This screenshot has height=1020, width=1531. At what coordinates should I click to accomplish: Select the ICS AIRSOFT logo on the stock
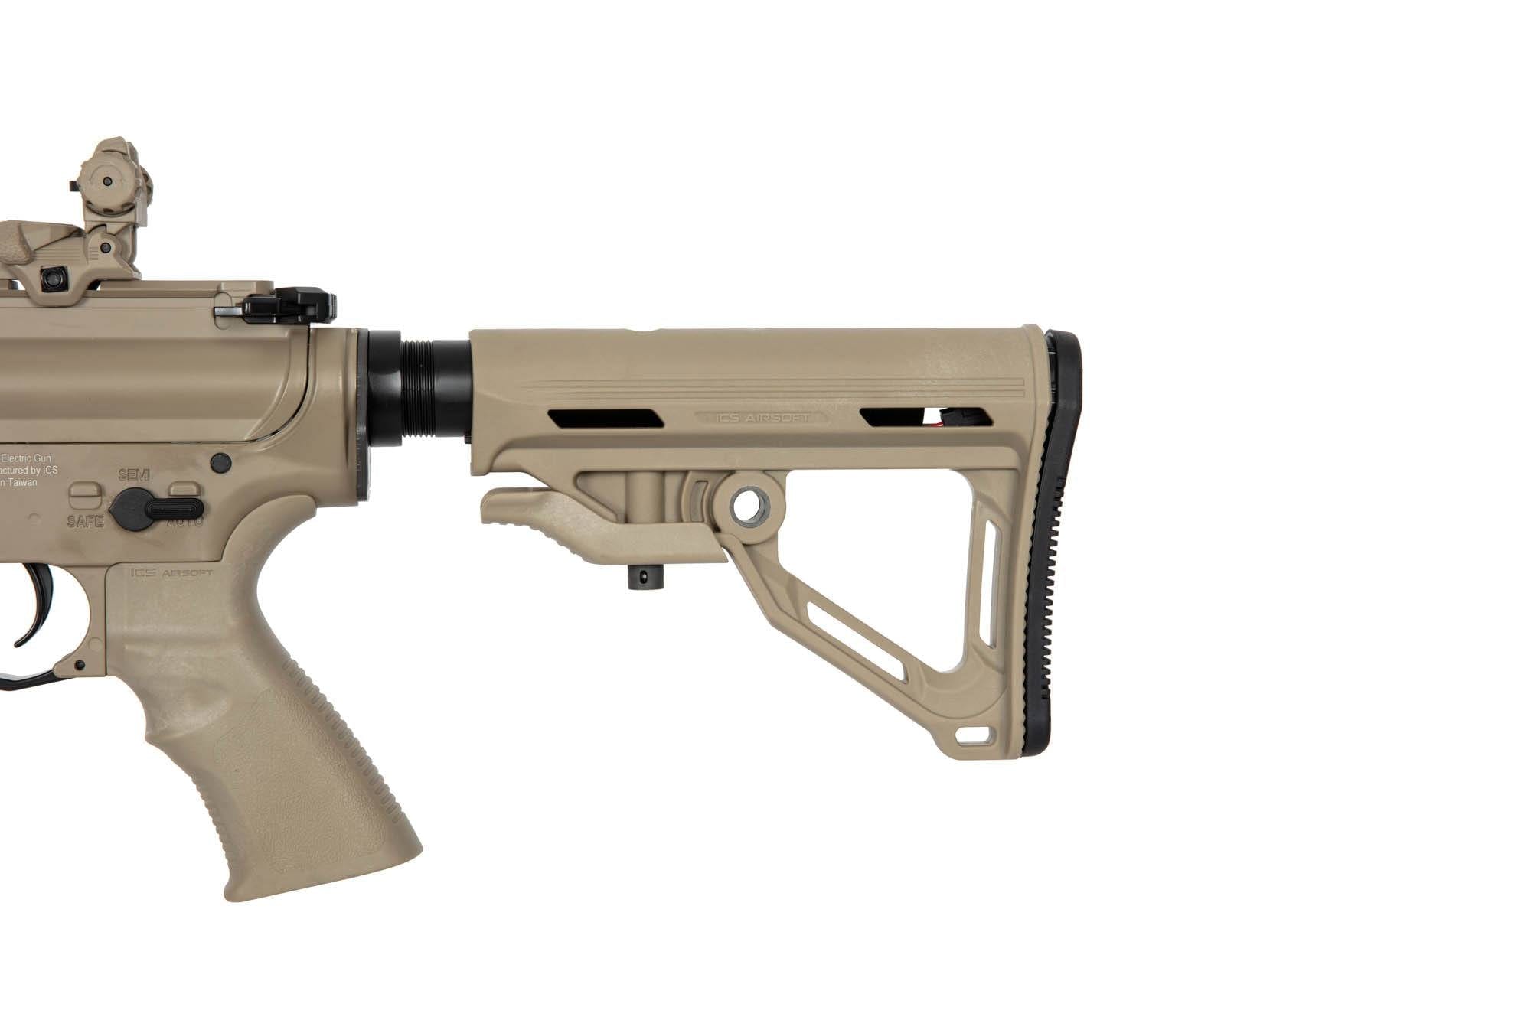point(762,418)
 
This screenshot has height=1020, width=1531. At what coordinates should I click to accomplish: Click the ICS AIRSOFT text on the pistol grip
point(171,572)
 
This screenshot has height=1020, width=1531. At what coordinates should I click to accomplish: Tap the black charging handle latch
point(291,307)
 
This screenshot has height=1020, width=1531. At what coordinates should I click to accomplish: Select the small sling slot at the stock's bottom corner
point(972,737)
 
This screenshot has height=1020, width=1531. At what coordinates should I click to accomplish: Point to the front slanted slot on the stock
point(605,419)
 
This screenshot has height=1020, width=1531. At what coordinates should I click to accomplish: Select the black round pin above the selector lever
point(221,462)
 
